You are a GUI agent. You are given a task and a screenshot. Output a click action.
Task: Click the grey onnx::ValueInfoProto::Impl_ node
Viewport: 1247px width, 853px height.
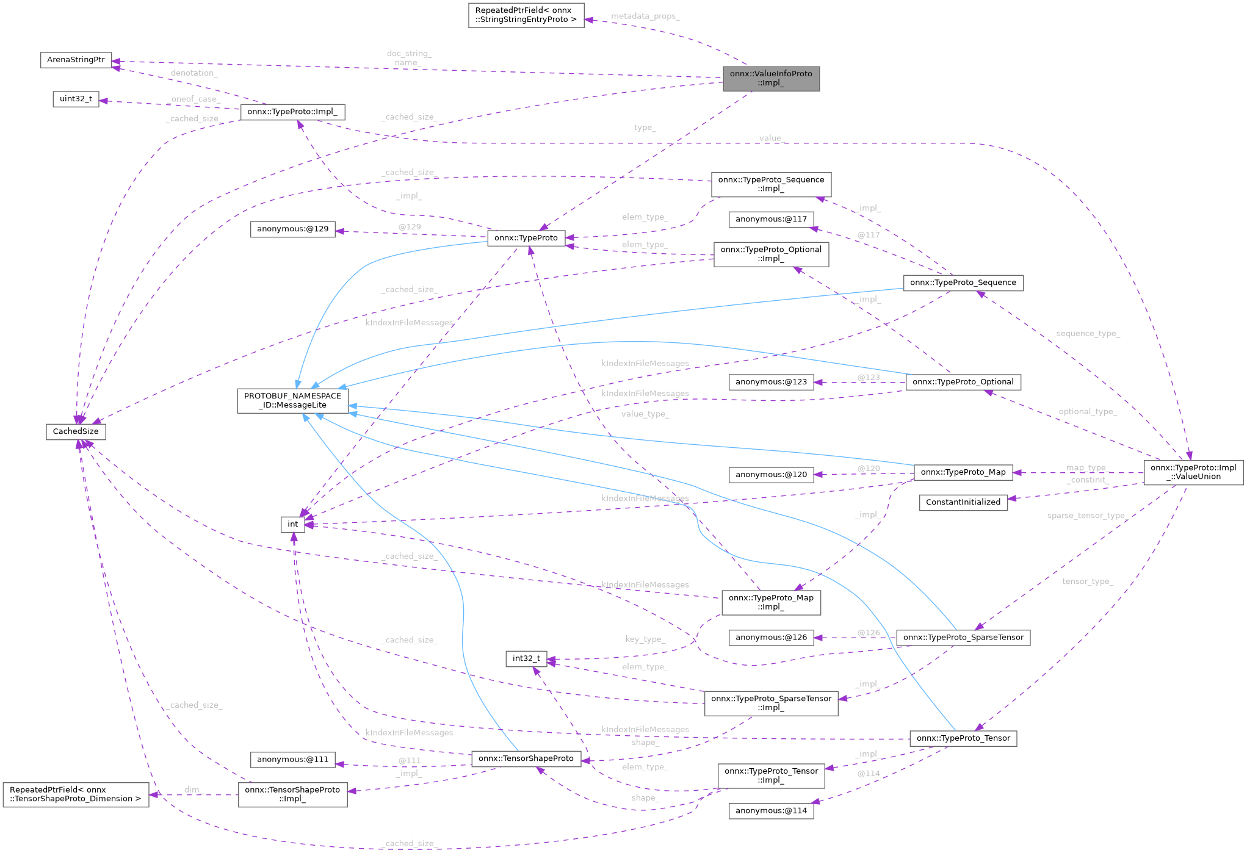point(770,78)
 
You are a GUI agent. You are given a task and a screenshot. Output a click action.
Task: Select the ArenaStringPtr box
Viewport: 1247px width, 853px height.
point(76,60)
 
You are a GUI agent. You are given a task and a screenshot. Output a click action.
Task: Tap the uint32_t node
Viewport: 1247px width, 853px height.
point(76,99)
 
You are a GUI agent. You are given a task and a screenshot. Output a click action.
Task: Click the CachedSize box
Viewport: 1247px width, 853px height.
point(76,431)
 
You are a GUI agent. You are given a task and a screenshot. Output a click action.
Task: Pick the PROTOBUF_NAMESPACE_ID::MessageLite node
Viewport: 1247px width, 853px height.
point(292,400)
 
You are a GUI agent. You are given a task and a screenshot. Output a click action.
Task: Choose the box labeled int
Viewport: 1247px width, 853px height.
point(292,524)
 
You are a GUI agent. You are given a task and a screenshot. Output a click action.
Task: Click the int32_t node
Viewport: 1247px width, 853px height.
point(526,658)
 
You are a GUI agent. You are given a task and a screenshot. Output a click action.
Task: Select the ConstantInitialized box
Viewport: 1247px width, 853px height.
point(963,502)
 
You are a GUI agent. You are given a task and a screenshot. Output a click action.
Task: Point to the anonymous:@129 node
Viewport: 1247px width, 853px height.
point(292,229)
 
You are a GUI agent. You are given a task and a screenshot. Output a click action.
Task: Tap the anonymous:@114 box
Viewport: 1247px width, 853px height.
point(770,810)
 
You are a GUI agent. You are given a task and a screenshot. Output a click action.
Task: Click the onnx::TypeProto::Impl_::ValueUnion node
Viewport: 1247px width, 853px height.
point(1193,472)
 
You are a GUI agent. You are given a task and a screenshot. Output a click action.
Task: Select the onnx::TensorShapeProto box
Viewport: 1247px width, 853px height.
point(526,758)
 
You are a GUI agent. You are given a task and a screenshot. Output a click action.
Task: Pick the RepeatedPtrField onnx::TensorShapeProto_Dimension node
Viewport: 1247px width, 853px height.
point(76,794)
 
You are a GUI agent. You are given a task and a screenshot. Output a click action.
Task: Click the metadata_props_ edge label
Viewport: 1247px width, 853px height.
point(645,16)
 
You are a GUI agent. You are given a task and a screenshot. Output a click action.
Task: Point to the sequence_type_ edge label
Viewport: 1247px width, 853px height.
point(1088,334)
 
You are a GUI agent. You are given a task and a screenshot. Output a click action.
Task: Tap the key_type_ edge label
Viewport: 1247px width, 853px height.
point(645,639)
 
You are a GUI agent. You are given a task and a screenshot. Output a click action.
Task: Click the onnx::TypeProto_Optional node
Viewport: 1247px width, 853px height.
point(963,382)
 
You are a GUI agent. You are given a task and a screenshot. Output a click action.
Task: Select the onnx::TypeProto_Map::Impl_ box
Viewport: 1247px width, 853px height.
point(770,602)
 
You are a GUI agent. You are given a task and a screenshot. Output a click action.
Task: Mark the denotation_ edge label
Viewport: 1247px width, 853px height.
point(193,73)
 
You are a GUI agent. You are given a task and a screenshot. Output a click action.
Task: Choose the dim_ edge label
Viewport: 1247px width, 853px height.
point(192,790)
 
